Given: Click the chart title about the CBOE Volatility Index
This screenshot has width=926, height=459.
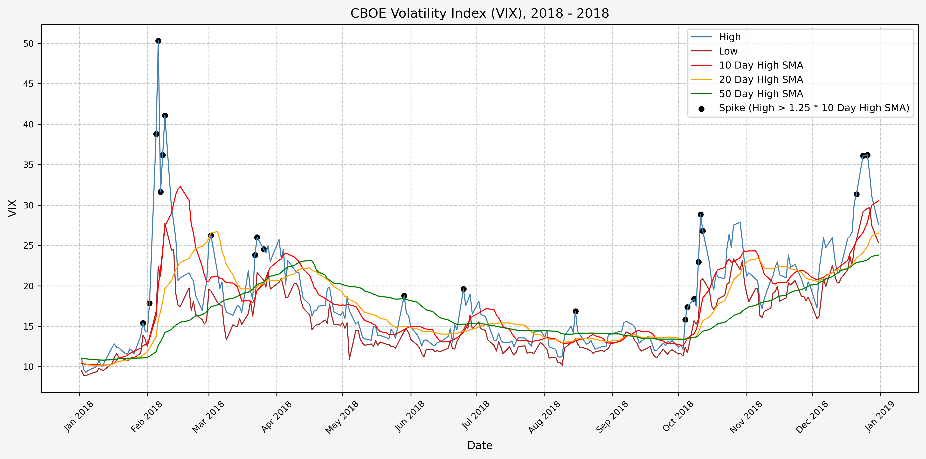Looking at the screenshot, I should [480, 13].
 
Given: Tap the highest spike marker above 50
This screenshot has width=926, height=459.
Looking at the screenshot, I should [158, 41].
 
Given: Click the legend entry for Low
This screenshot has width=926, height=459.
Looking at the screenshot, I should [728, 51].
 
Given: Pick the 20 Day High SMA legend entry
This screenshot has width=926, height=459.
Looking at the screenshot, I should [761, 79].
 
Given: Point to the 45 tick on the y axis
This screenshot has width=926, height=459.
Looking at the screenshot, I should [28, 84].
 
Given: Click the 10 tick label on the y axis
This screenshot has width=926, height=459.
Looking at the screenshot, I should [28, 367].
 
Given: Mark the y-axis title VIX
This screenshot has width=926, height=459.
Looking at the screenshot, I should [12, 208].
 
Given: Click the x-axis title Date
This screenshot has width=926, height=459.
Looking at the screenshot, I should [480, 445].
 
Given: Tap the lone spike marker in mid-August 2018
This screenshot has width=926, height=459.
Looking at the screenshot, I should [576, 311].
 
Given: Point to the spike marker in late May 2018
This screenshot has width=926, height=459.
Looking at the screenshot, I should [404, 296].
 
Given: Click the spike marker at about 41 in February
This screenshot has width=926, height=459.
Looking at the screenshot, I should [165, 116].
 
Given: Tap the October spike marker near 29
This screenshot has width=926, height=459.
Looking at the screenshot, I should [701, 214].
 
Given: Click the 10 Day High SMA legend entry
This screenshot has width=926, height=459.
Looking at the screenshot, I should [761, 65].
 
